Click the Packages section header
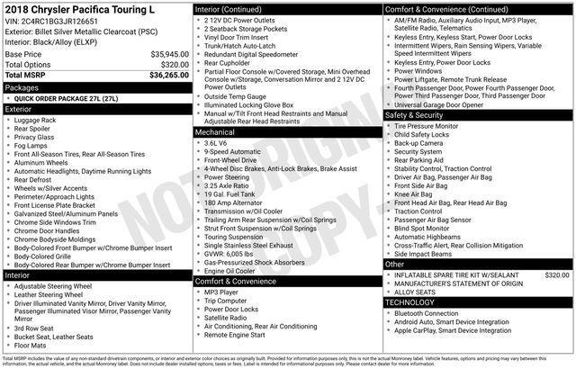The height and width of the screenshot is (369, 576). pyautogui.click(x=22, y=87)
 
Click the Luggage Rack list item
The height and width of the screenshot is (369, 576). pyautogui.click(x=35, y=120)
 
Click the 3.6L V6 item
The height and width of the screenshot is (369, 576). pyautogui.click(x=215, y=142)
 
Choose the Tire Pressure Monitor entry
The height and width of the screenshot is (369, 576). pyautogui.click(x=426, y=126)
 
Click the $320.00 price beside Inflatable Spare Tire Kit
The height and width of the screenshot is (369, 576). pyautogui.click(x=557, y=274)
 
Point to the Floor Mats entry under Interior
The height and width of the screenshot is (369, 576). pyautogui.click(x=30, y=345)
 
